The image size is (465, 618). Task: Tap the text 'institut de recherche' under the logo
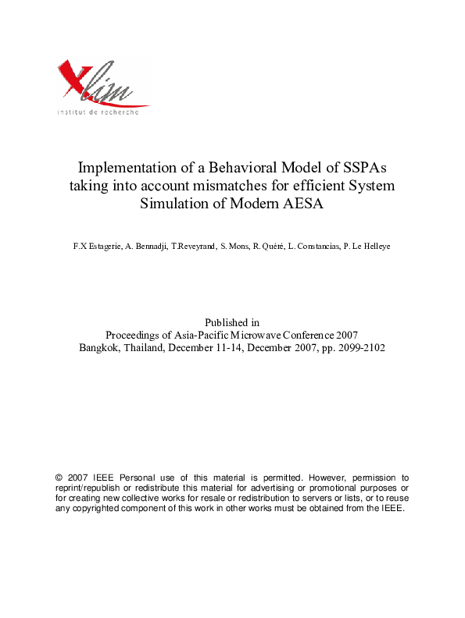(98, 112)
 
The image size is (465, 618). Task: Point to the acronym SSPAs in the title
(367, 168)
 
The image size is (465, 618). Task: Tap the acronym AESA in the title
(304, 205)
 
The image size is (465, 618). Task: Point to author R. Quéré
(270, 247)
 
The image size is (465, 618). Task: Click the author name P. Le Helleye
(367, 247)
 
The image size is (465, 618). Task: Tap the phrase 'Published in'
(232, 322)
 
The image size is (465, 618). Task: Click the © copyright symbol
(59, 477)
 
